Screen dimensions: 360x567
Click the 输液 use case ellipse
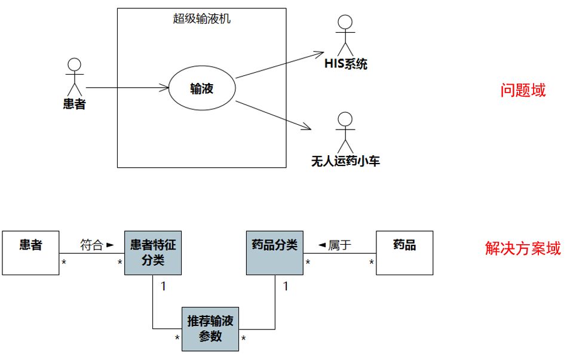click(x=202, y=89)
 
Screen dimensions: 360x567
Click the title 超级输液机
click(x=201, y=19)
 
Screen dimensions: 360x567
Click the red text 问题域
click(x=523, y=90)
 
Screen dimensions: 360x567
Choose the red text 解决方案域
click(x=523, y=248)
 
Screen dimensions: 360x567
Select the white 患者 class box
click(x=30, y=253)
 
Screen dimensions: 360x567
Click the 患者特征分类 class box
click(x=153, y=253)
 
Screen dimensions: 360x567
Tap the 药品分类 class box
click(x=275, y=253)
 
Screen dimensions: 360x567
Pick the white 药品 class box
click(x=404, y=253)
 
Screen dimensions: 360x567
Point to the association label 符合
click(x=91, y=245)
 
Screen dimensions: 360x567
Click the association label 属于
click(x=339, y=245)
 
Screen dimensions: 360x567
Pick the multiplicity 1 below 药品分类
click(x=286, y=287)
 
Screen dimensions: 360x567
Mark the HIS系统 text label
click(x=346, y=64)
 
